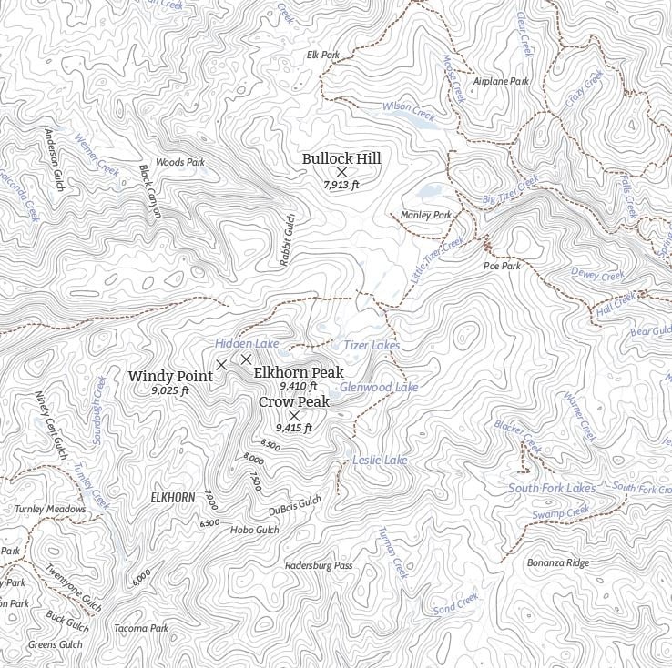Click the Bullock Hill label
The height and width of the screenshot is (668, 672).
click(x=341, y=158)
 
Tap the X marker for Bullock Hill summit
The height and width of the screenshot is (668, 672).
click(x=342, y=172)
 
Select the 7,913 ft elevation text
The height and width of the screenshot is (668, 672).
click(x=341, y=185)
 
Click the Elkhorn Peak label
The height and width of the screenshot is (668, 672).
click(x=299, y=372)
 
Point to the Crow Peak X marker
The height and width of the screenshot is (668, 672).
click(x=294, y=415)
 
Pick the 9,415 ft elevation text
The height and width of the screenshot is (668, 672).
click(x=294, y=428)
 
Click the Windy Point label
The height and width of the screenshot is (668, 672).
click(x=170, y=376)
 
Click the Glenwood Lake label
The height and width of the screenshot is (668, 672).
click(x=379, y=387)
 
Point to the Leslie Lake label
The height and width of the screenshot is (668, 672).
click(x=380, y=461)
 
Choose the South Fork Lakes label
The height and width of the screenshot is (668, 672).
click(x=552, y=488)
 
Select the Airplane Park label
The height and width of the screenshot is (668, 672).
click(x=501, y=81)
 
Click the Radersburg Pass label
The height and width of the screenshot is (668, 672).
click(x=318, y=565)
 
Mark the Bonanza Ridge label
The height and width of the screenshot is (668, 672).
click(x=558, y=562)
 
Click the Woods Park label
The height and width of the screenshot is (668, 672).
click(x=180, y=162)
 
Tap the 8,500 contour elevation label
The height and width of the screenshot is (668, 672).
click(x=270, y=444)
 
